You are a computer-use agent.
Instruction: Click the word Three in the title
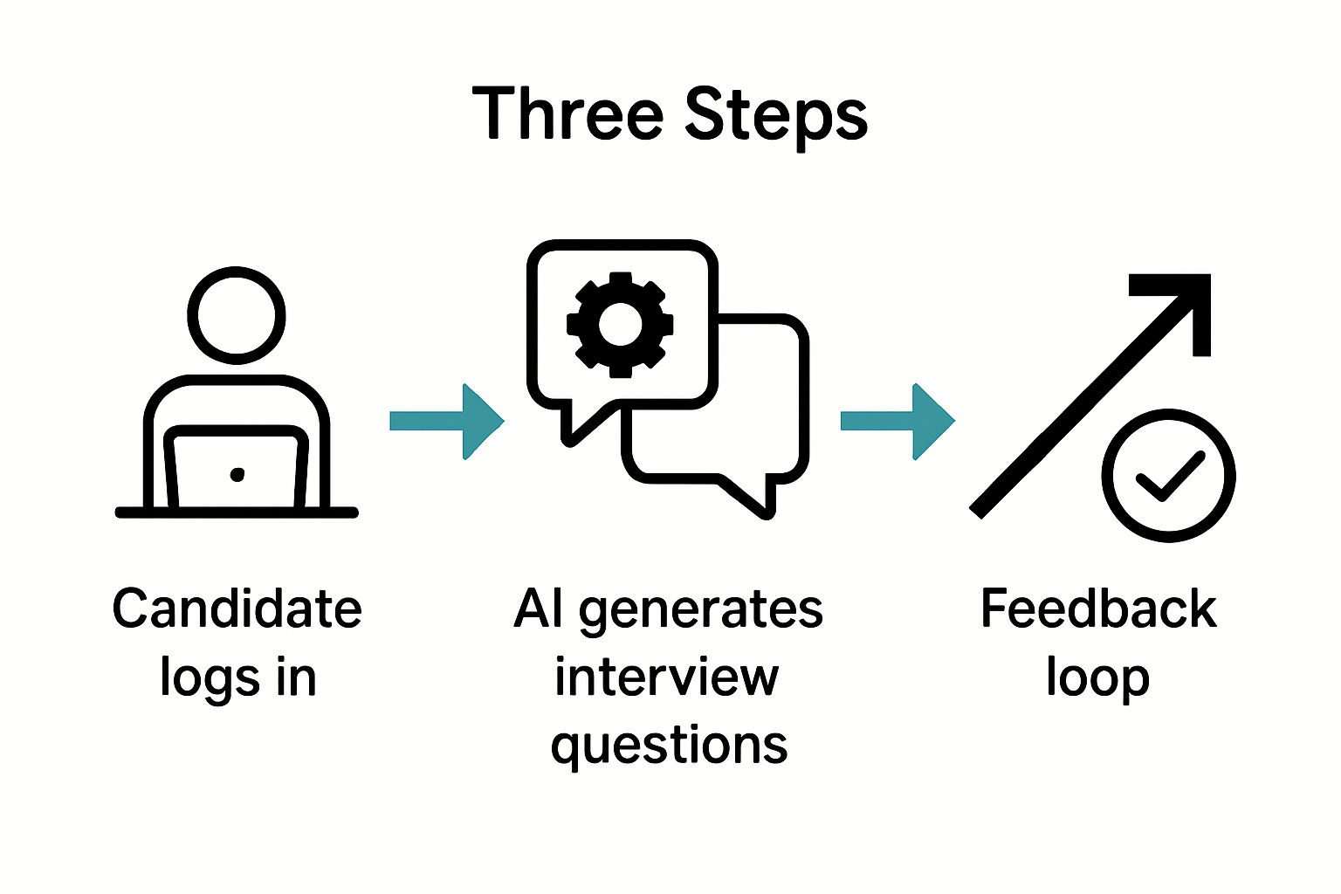[567, 114]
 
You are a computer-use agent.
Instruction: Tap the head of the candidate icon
[237, 315]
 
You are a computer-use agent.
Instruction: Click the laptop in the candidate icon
[237, 468]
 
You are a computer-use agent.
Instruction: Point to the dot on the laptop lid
[237, 475]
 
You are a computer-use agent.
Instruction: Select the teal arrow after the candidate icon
[447, 422]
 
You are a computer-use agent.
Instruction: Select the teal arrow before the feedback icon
[897, 422]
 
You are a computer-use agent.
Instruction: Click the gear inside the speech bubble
[620, 325]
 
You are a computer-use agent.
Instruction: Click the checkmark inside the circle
[1168, 477]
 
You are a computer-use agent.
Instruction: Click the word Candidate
[237, 609]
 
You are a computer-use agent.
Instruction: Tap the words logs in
[237, 678]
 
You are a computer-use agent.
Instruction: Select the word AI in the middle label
[539, 609]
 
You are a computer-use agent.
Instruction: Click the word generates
[700, 610]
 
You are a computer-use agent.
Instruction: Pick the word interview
[667, 677]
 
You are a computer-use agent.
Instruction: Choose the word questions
[670, 746]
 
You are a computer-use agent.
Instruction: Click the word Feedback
[1098, 609]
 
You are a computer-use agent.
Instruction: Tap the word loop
[1098, 678]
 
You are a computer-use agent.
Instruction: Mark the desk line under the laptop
[237, 512]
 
